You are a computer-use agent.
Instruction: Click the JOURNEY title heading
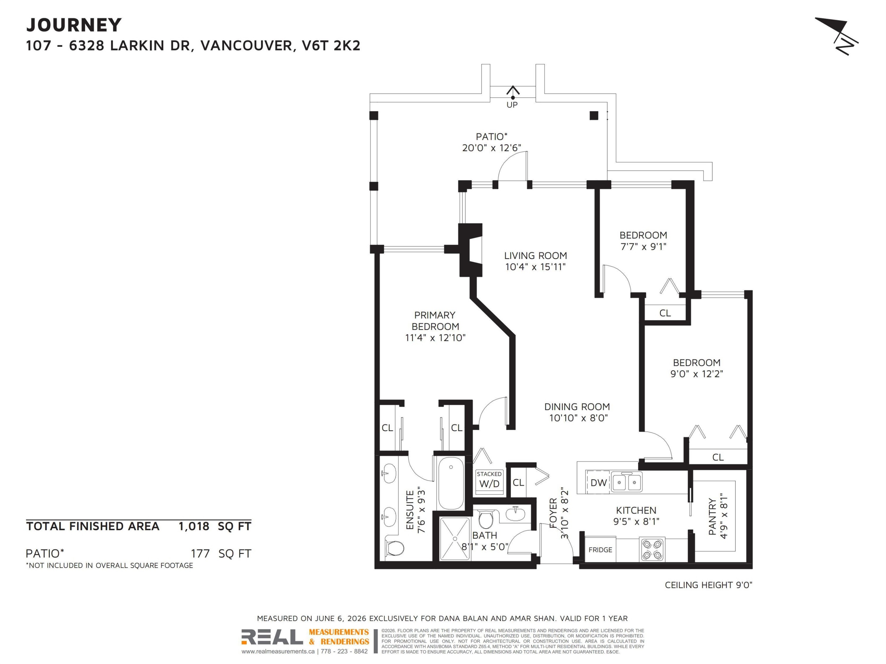coord(74,25)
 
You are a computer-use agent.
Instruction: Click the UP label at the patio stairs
coord(512,105)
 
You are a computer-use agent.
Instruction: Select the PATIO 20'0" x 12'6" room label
coord(491,142)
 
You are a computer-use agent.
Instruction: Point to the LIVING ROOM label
coord(535,255)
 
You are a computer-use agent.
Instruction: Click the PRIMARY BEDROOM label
coord(435,320)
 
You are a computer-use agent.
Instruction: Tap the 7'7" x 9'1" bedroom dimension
coord(643,246)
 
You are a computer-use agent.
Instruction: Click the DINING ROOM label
coord(577,407)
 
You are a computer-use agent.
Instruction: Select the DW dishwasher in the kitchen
coord(598,482)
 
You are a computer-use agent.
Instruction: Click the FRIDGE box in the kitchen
coord(600,550)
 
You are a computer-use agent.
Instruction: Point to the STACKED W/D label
coord(489,480)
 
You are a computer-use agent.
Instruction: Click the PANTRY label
coord(712,516)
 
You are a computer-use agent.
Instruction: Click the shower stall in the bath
coord(455,539)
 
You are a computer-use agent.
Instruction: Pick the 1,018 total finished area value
coord(194,526)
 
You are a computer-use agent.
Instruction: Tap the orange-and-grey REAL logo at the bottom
coord(305,637)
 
